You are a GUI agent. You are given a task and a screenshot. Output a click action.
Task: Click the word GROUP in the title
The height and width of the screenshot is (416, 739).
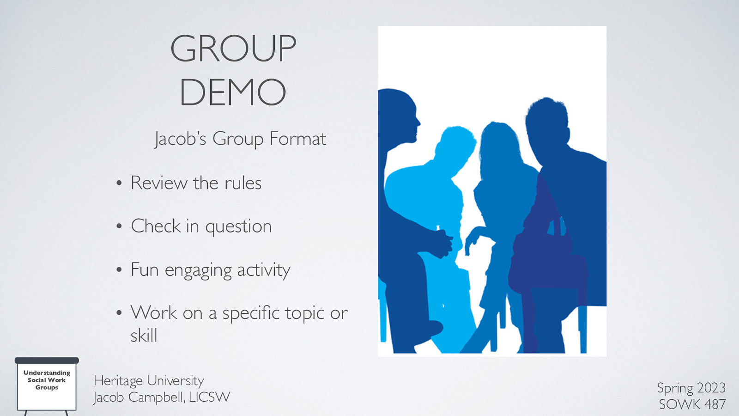(x=233, y=49)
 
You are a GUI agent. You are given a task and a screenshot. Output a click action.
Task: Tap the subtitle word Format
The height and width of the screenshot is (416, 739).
(x=297, y=139)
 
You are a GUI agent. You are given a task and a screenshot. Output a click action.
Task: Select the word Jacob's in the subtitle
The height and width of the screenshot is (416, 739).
(x=180, y=139)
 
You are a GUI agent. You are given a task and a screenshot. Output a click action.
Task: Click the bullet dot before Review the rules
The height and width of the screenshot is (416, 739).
(x=119, y=184)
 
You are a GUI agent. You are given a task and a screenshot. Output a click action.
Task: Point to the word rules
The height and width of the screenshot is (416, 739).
(x=243, y=184)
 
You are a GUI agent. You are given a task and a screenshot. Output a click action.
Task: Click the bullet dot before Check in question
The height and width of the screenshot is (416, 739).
(x=119, y=226)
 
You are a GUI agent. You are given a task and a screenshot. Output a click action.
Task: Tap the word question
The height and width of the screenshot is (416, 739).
(x=238, y=227)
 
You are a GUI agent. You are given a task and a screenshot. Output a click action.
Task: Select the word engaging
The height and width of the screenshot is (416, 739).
(x=198, y=270)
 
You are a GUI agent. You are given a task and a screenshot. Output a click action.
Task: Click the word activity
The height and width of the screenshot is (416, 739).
(x=264, y=270)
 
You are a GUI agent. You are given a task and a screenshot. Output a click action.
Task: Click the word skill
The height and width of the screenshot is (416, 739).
(x=144, y=336)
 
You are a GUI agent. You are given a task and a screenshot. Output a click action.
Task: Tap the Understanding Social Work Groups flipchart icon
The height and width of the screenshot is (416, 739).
(x=47, y=384)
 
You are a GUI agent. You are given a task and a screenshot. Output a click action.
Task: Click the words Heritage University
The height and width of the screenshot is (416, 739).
(x=149, y=380)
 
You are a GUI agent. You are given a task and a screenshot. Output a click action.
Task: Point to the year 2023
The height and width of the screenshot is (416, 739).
(x=711, y=387)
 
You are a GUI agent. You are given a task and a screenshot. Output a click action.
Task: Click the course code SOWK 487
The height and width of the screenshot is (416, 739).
(x=692, y=404)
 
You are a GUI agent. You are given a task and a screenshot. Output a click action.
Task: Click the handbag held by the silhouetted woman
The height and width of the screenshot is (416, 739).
(x=545, y=259)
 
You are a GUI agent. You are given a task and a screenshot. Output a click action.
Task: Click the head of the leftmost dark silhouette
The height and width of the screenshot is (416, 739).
(x=400, y=116)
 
